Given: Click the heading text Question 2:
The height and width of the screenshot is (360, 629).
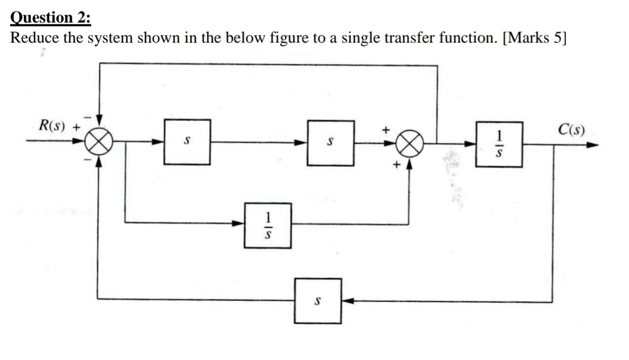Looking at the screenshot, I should point(51,17).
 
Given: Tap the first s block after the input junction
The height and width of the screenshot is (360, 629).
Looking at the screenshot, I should point(187,142).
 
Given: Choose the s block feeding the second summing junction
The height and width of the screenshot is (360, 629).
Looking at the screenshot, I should point(331,142).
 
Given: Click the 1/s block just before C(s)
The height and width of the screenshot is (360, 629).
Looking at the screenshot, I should point(498,143).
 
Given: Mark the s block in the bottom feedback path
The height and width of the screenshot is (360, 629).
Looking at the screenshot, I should point(318,301).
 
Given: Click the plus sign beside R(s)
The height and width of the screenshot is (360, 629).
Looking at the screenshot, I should point(77,128).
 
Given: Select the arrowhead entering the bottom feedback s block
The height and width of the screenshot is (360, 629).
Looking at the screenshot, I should point(347,301).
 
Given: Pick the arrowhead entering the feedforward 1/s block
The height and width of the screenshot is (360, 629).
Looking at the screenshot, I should point(240,224).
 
